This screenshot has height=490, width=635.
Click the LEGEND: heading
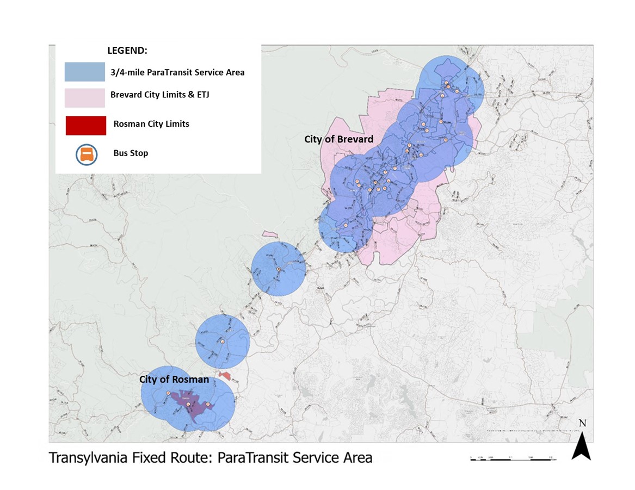coord(127,51)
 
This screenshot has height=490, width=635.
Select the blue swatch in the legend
coord(84,72)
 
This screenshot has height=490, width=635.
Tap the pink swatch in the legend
coord(84,98)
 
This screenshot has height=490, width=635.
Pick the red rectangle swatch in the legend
coord(85,125)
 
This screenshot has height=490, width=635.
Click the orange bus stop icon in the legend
coord(87,154)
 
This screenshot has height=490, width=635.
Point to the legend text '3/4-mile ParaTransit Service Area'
coord(177,72)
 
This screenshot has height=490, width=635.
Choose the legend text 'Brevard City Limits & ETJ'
coord(160,95)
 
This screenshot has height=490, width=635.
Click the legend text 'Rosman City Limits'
coord(151,124)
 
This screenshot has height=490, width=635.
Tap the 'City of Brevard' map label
coord(338,139)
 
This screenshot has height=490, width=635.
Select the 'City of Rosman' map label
coord(174,380)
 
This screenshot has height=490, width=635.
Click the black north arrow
coord(581,446)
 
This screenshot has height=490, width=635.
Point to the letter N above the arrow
coord(582,423)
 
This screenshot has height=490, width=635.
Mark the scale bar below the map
coord(511,458)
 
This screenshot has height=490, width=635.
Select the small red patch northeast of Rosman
coord(225,376)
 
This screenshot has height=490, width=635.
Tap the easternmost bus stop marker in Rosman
coord(207,405)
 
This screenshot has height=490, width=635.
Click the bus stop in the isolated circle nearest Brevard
coord(278,270)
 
